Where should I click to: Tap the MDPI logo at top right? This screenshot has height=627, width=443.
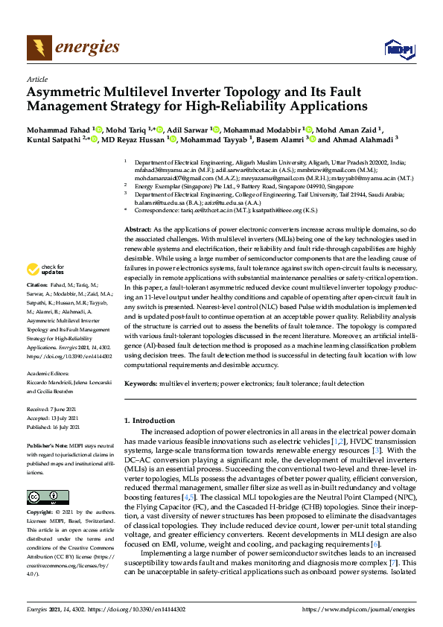click(x=394, y=49)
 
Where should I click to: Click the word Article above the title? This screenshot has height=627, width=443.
click(x=36, y=78)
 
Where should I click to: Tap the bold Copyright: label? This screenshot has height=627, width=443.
click(x=41, y=513)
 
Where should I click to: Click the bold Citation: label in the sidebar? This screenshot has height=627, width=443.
click(x=37, y=285)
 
